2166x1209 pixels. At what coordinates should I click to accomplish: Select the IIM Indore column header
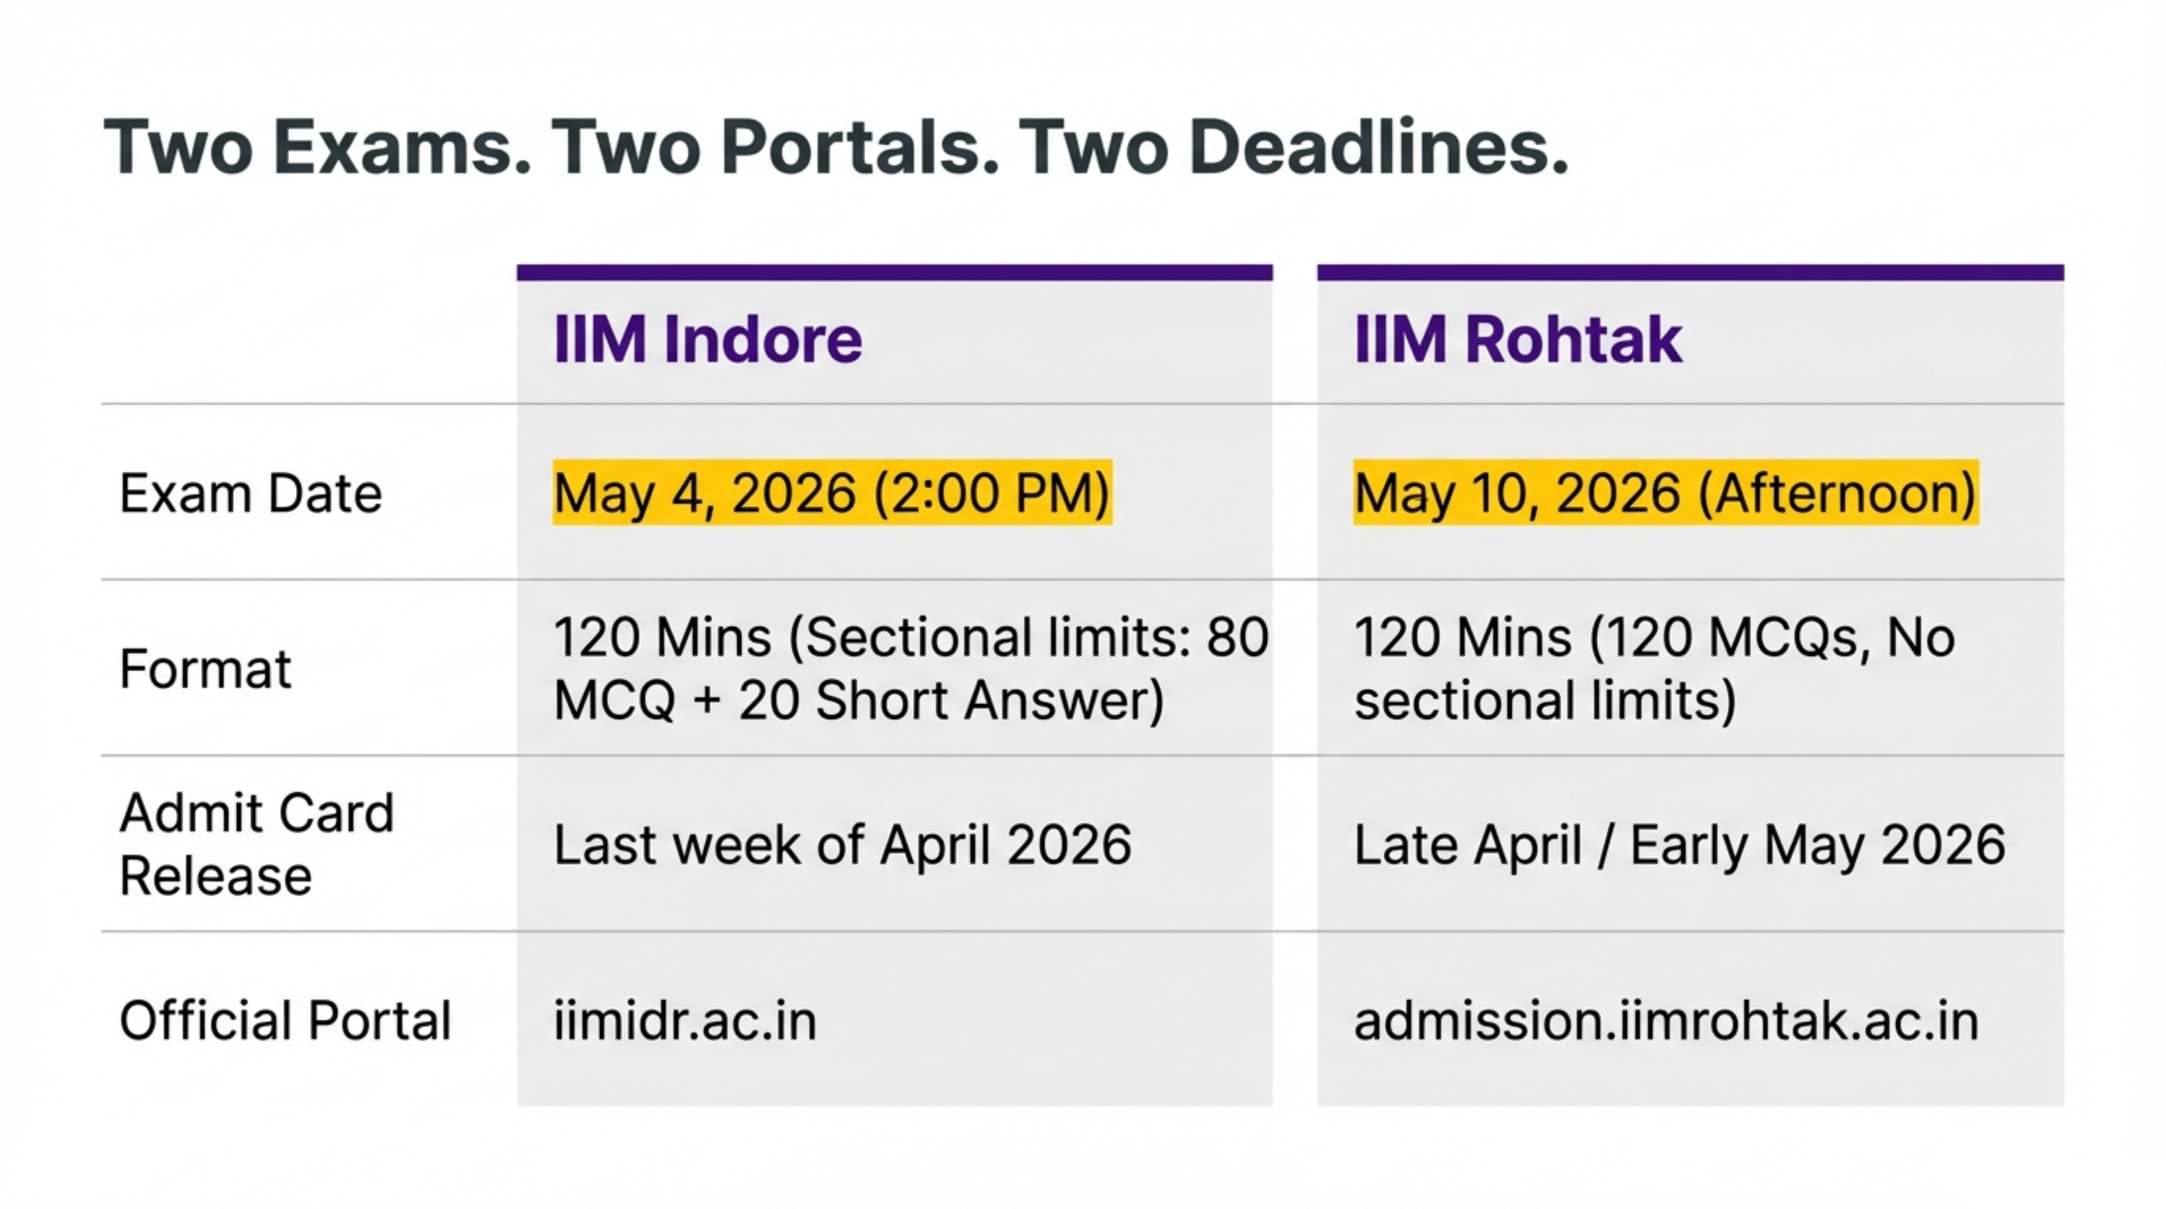point(708,340)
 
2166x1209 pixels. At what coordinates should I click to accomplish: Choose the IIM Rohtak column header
point(1519,340)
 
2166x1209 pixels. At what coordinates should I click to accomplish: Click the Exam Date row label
point(250,494)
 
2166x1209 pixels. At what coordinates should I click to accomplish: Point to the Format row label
point(205,669)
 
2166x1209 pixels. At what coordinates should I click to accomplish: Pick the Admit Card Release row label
point(256,844)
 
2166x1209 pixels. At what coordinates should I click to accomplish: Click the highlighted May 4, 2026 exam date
point(833,493)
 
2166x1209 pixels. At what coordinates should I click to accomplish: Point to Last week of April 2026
point(843,845)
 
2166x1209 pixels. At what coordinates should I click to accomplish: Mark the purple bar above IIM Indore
point(895,273)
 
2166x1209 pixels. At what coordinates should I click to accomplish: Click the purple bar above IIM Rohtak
point(1690,273)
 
